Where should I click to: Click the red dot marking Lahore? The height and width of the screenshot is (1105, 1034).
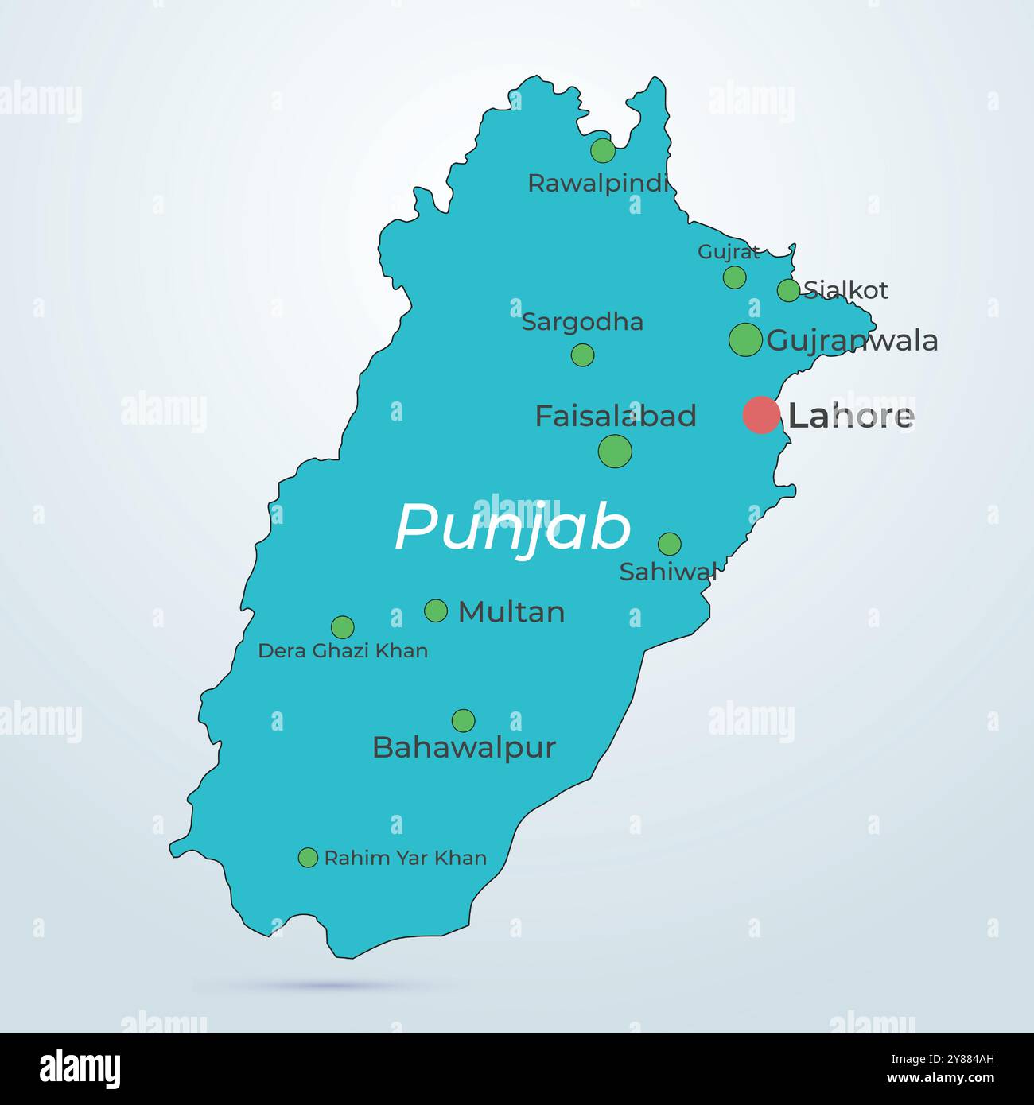760,415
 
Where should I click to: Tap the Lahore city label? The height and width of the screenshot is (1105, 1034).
850,416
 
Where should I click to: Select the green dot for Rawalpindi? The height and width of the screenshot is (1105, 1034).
603,150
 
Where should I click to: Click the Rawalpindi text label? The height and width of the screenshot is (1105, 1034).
598,184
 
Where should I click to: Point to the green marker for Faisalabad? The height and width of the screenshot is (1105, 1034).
615,451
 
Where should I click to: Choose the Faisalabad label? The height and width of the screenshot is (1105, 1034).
615,416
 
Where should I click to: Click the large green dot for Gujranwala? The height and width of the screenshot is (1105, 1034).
745,339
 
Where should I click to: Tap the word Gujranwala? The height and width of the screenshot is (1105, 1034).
852,341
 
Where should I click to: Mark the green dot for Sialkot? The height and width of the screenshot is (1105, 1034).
788,290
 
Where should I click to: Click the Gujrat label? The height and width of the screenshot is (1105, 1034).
729,252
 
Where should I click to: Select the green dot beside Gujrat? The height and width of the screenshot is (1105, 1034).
734,277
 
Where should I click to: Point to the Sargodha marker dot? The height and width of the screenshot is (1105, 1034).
582,355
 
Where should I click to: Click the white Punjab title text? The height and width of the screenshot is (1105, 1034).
513,527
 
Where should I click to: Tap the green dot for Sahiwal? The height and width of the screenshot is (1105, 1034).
670,544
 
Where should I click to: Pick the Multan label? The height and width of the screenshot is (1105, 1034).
511,611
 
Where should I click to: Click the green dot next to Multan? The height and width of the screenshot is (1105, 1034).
436,611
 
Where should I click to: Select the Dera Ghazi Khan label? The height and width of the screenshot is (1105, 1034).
343,651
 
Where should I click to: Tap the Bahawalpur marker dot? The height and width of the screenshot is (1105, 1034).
463,721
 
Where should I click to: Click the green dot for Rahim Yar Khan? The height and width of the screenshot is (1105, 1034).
308,857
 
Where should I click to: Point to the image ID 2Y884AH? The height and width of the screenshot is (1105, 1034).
954,1079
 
